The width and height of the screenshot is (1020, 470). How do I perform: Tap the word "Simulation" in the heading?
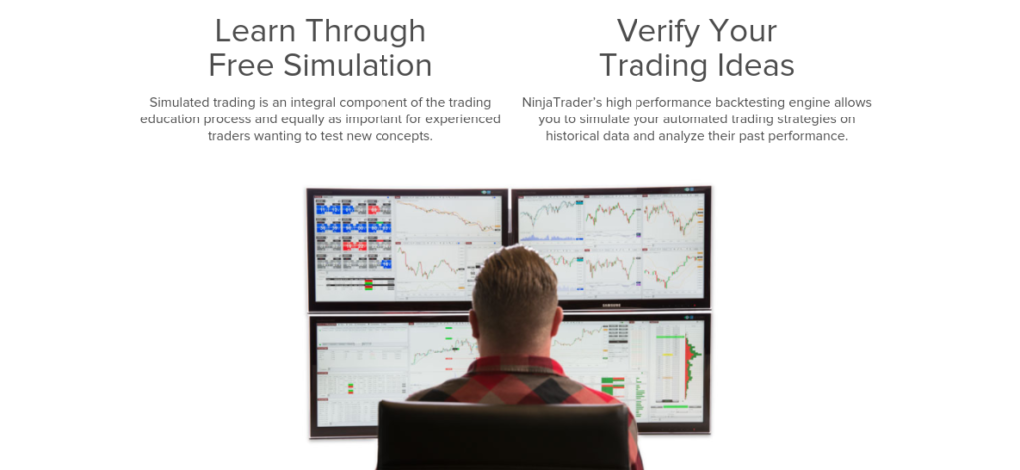[x=356, y=65]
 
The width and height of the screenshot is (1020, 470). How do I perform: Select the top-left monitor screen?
[x=406, y=247]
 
